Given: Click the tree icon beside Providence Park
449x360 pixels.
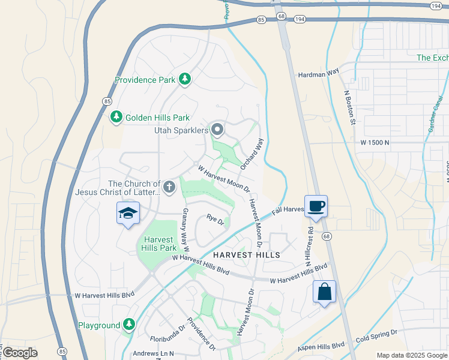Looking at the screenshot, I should pos(185,79).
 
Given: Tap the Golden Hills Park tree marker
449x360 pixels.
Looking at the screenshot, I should pos(116,118).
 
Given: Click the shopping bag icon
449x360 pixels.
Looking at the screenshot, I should pos(324,292).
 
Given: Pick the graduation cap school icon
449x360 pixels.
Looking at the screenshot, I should pos(128,213).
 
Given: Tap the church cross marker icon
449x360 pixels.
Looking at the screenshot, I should pos(170,187).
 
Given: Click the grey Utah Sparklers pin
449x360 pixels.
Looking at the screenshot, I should pos(217,130).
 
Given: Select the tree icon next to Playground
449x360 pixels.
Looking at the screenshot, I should pos(129,325).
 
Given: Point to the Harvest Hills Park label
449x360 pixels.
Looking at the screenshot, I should pos(160,243).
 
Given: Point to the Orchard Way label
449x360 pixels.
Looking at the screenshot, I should pos(252,153).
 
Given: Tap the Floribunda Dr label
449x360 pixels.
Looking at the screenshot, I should pos(170,340).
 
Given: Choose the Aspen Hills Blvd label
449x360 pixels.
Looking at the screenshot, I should pos(322,347).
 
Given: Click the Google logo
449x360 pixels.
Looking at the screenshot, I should pos(20,353).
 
